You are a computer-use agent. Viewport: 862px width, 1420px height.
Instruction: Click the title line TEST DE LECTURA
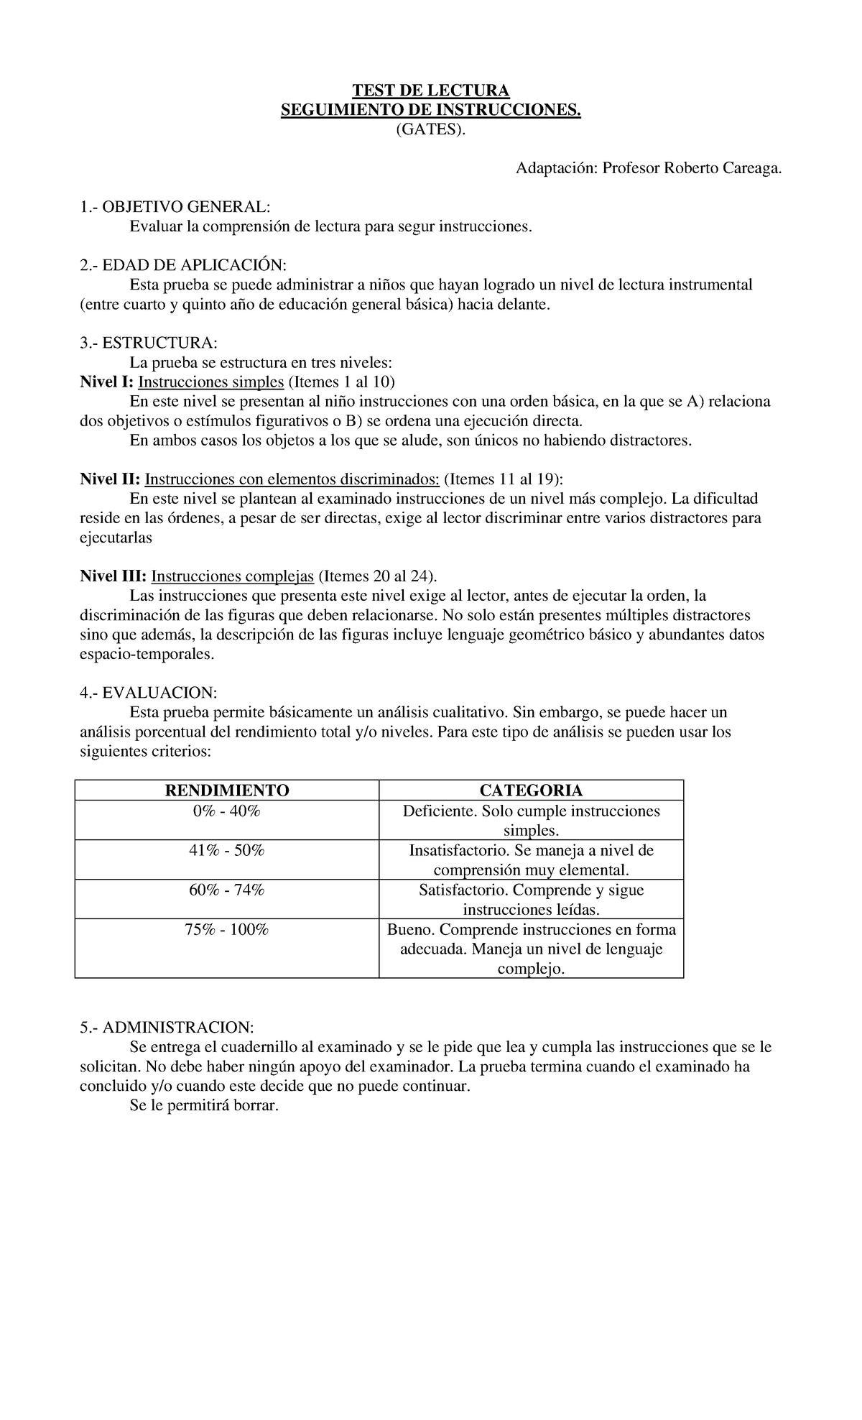click(430, 91)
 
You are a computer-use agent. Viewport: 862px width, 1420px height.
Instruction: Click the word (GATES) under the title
click(430, 130)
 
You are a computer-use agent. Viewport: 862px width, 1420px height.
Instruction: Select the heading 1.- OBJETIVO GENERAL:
click(175, 207)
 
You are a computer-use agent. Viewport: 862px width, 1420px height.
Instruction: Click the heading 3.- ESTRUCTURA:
click(148, 343)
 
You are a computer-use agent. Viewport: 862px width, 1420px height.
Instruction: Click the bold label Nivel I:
click(106, 382)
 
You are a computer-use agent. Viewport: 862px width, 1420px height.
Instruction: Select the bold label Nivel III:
click(113, 576)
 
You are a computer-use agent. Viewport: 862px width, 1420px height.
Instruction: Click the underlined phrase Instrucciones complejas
click(233, 576)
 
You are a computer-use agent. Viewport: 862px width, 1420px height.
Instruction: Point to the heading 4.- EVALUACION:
click(148, 693)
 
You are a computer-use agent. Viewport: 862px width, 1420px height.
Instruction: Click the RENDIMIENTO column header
click(227, 790)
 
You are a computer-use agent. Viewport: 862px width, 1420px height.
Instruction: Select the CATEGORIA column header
click(531, 790)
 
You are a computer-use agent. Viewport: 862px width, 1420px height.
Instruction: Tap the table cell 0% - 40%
click(227, 811)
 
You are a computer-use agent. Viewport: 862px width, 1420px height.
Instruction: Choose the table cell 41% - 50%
click(227, 851)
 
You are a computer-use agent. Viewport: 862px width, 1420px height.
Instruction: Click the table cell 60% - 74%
click(227, 890)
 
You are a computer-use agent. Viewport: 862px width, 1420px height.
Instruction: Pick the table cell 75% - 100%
click(227, 930)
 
